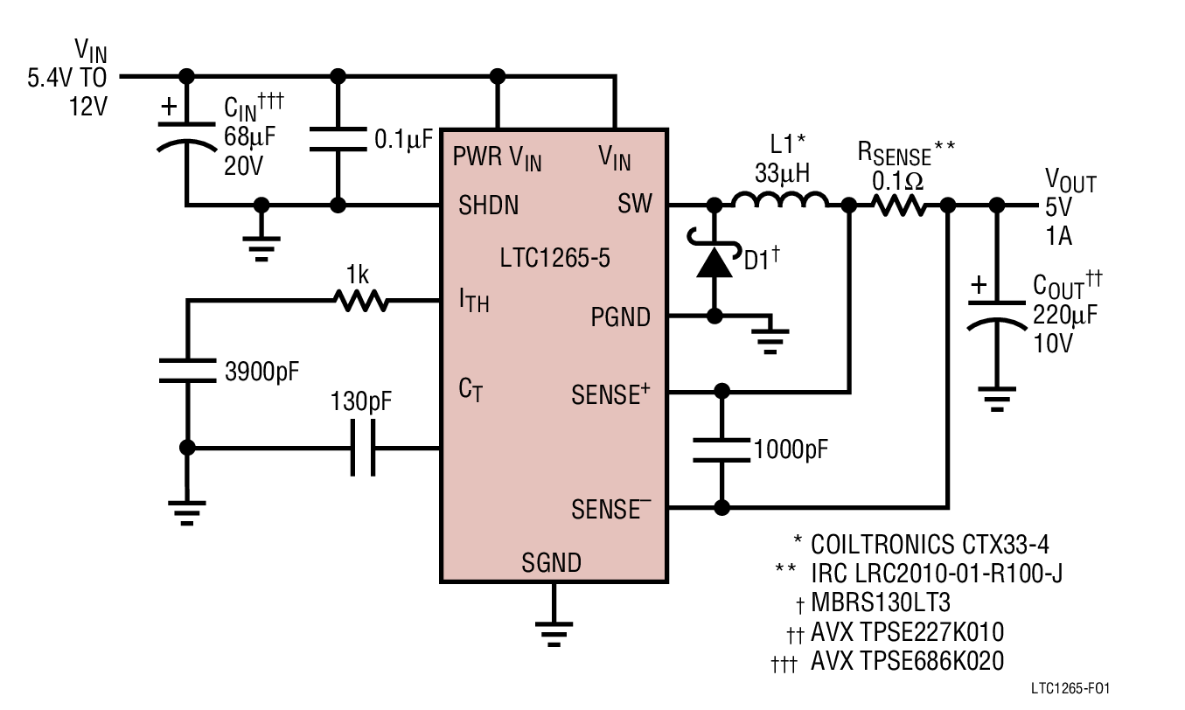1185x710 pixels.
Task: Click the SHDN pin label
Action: click(488, 205)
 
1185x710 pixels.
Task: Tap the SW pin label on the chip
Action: click(635, 205)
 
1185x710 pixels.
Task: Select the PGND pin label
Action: click(621, 317)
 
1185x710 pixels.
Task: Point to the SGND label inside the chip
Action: click(551, 561)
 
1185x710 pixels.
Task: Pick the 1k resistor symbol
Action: click(360, 302)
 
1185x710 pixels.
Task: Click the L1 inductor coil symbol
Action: click(779, 203)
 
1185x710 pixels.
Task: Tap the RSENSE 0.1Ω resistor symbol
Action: click(897, 205)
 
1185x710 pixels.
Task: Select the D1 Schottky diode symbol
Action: click(714, 261)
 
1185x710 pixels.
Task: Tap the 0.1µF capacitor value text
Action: click(403, 139)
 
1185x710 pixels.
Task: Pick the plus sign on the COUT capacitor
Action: click(979, 285)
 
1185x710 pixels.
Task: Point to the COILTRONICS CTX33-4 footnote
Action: click(930, 545)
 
